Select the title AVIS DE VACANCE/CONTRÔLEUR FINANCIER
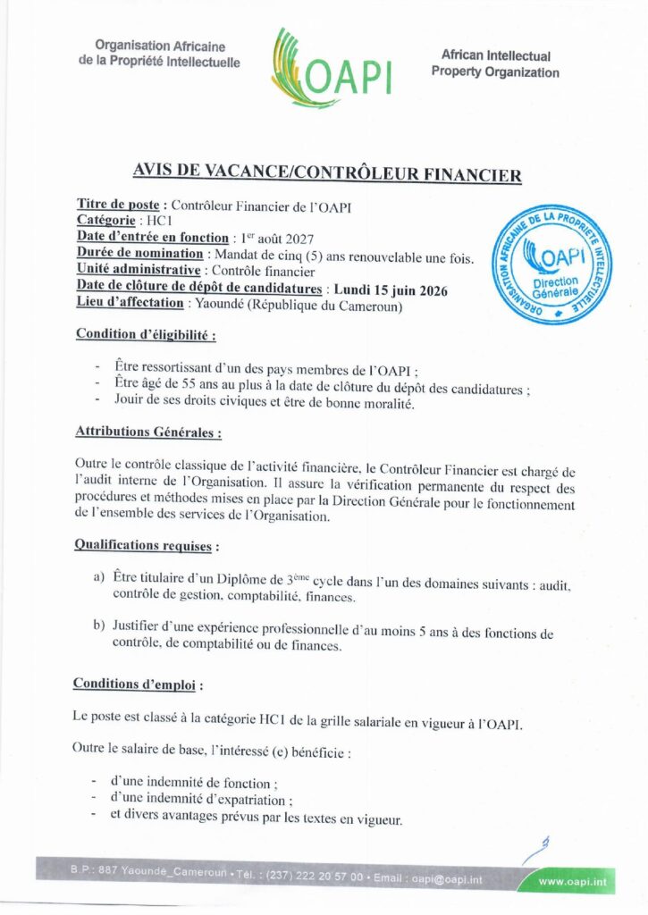pos(326,174)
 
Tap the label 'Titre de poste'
pos(117,206)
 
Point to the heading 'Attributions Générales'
pos(147,432)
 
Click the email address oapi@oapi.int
pos(447,879)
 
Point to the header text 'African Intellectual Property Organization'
pos(495,63)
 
